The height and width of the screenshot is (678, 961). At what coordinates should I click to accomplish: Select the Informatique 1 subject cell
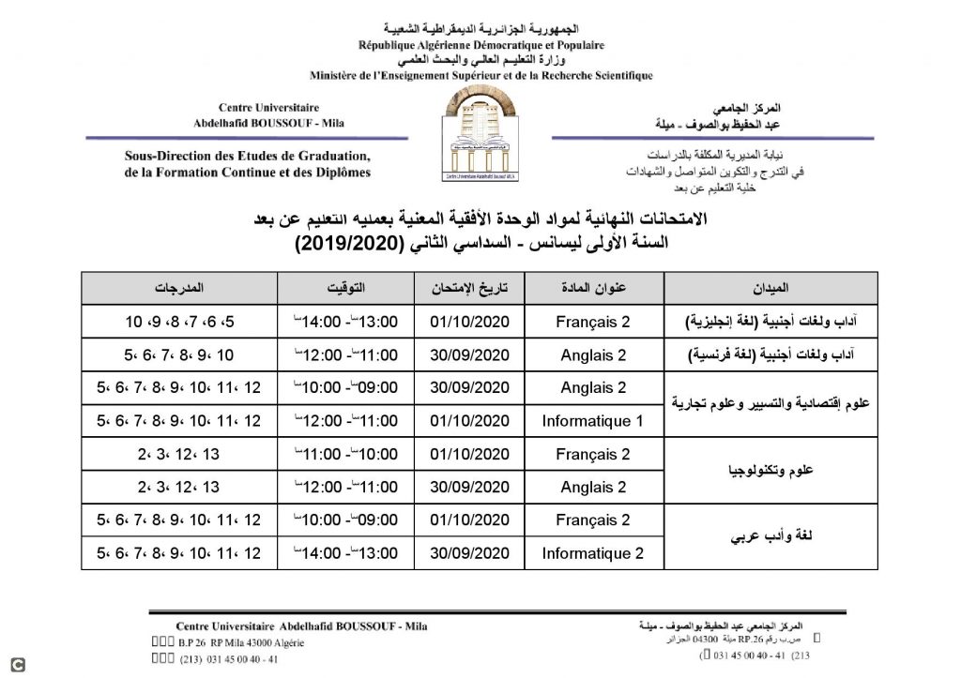click(x=593, y=421)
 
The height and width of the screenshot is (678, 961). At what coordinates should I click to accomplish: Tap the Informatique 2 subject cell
click(x=593, y=552)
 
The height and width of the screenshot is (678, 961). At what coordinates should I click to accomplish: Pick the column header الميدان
click(x=771, y=288)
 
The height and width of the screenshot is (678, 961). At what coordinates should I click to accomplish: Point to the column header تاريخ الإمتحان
click(x=467, y=288)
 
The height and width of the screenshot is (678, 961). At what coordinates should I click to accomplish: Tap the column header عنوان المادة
click(x=593, y=288)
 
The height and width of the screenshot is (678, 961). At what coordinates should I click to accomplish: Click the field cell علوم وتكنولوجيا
click(x=771, y=471)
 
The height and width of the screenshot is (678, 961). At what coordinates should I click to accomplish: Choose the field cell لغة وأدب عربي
click(x=771, y=536)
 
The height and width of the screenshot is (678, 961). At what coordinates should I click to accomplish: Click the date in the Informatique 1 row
click(x=467, y=421)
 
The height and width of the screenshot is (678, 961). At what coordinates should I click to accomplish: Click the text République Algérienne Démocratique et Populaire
click(x=481, y=45)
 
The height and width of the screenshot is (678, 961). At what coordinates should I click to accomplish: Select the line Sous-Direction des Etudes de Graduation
click(x=247, y=157)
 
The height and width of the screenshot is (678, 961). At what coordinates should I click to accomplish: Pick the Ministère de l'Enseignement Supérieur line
click(x=481, y=75)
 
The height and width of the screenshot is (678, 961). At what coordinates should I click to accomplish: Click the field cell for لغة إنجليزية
click(x=771, y=323)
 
